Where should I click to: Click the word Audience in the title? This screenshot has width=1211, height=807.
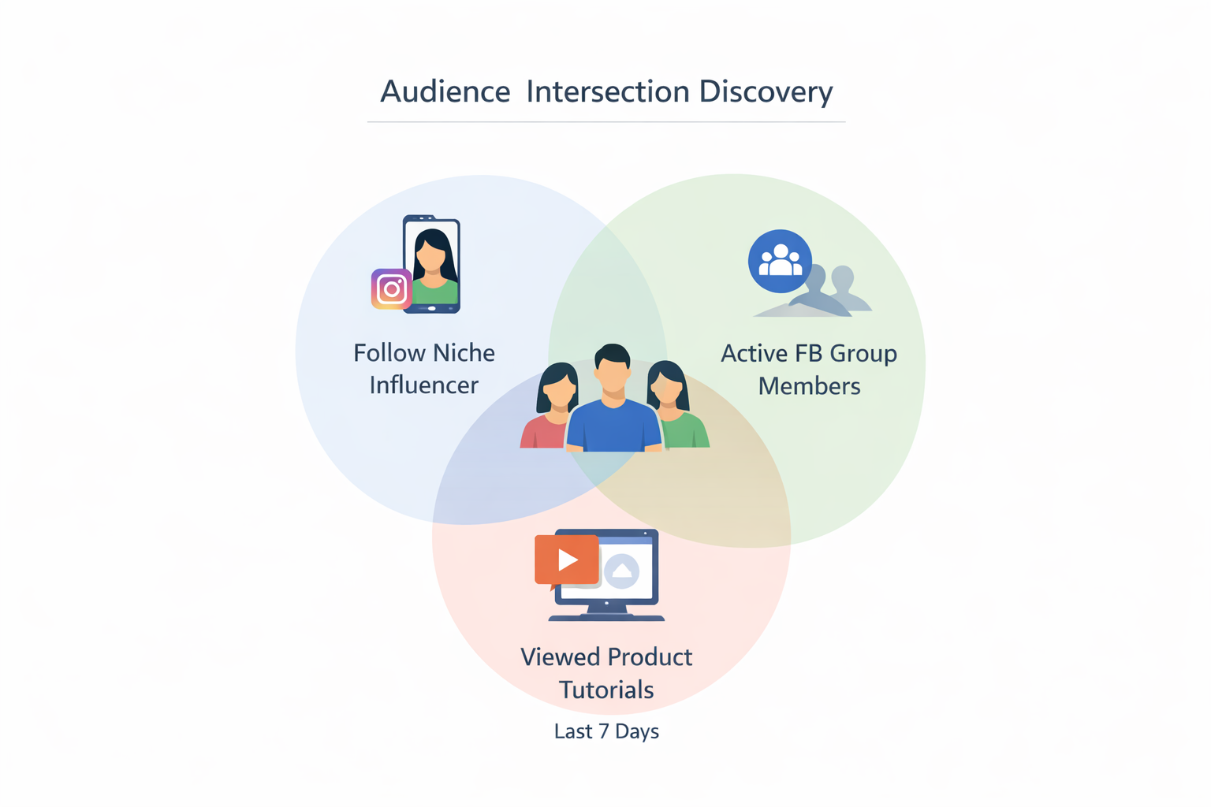pos(445,92)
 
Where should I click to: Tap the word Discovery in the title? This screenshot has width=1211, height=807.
pos(766,92)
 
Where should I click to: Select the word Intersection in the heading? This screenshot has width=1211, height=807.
pos(607,92)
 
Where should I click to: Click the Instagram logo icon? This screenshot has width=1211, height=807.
pos(391,289)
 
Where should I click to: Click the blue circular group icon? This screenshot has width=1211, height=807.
pos(780,261)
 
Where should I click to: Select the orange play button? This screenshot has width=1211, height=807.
pos(566,560)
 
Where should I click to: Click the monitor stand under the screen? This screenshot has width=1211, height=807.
pos(605,612)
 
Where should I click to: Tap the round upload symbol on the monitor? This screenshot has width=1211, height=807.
pos(622,571)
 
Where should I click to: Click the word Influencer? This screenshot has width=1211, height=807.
pos(423,385)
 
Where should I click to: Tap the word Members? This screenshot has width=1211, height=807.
pos(809,386)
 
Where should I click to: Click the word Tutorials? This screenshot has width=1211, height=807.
pos(606,690)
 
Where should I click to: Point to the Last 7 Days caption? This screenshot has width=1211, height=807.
pos(606,731)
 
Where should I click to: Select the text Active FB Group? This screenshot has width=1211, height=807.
pos(809,353)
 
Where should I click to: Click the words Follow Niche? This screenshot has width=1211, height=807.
pos(423,352)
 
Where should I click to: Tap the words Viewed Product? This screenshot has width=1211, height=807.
pos(606,656)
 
